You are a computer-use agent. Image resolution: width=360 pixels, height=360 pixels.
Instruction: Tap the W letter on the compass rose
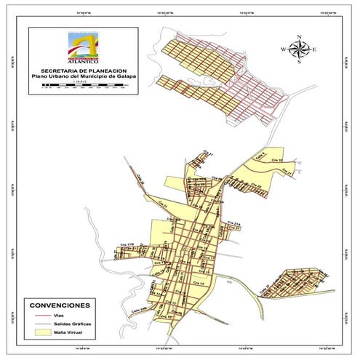click(x=283, y=49)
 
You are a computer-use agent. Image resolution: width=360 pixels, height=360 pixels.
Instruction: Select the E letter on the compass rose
click(x=315, y=49)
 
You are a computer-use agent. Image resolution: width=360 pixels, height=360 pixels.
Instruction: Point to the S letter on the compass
click(x=299, y=63)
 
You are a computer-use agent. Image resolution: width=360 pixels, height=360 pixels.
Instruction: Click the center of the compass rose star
click(x=299, y=49)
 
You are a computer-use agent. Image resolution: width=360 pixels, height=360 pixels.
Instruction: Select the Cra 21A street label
click(x=233, y=223)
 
